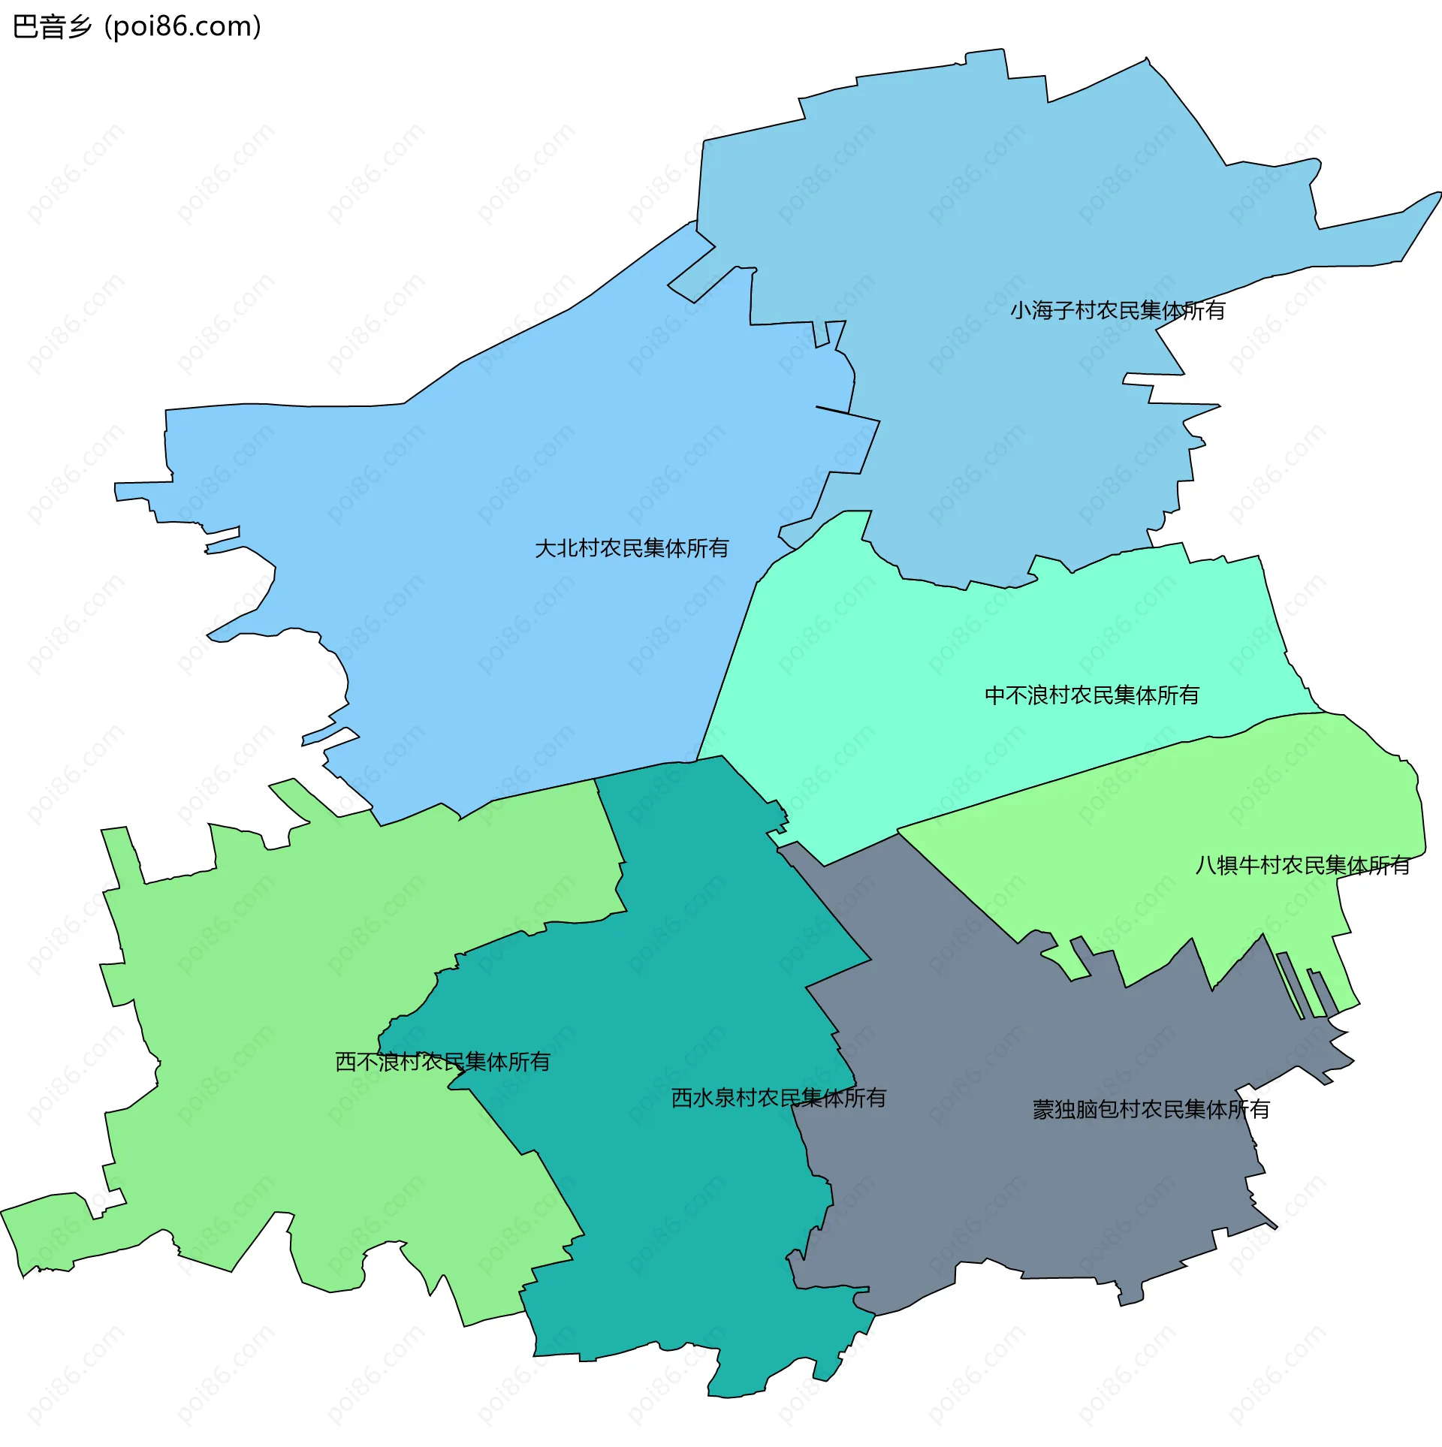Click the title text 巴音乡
(52, 27)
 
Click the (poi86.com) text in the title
(183, 27)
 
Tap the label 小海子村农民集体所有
(1117, 310)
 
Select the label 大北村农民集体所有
(632, 548)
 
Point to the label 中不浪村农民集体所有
(1091, 695)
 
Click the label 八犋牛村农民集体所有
(1302, 866)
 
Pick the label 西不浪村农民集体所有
(442, 1062)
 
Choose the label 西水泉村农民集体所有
(778, 1098)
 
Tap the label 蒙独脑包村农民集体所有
(1151, 1109)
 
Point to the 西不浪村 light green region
(300, 976)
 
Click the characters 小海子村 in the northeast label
(1053, 310)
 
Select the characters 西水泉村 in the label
(714, 1098)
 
